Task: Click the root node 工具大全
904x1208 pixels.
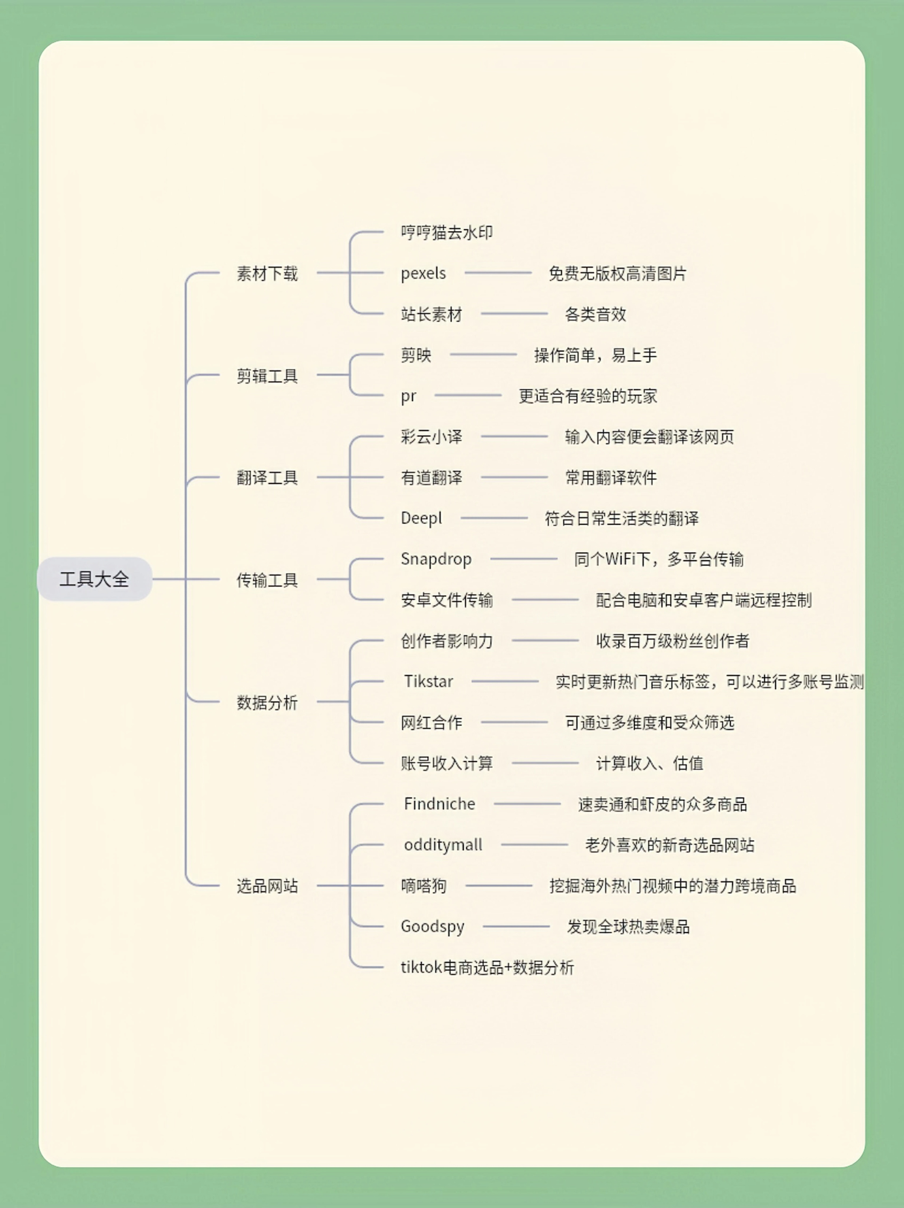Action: [94, 579]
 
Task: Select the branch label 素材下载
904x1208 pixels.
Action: [267, 273]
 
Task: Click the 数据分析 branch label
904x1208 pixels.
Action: [267, 702]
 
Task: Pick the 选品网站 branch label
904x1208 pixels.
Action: [267, 886]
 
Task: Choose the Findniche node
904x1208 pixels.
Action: [440, 804]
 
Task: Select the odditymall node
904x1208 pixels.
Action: [443, 845]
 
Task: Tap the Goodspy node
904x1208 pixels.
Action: [433, 927]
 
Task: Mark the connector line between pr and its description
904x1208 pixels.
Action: [468, 395]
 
